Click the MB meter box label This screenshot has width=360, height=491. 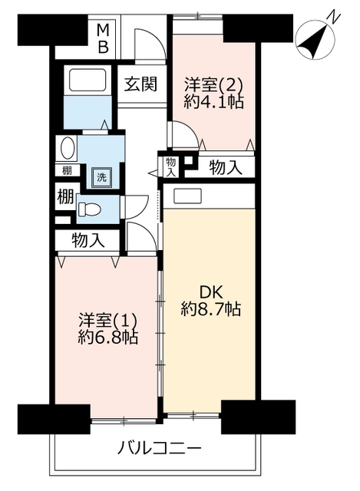103,39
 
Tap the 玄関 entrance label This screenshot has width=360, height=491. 140,84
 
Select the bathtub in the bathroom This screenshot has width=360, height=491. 88,81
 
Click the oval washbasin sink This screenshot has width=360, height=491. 68,148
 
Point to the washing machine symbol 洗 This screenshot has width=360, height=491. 101,177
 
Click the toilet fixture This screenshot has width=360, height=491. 89,209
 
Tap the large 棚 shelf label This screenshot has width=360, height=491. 65,196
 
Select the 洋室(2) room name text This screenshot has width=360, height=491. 213,84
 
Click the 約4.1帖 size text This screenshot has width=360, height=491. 213,101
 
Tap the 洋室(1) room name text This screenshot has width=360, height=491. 107,321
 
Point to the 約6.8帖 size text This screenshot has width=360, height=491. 107,338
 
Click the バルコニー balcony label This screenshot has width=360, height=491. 159,449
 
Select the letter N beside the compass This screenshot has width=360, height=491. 333,18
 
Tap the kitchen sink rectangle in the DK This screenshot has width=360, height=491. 188,196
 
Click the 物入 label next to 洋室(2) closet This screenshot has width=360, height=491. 226,167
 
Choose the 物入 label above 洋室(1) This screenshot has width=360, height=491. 88,240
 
